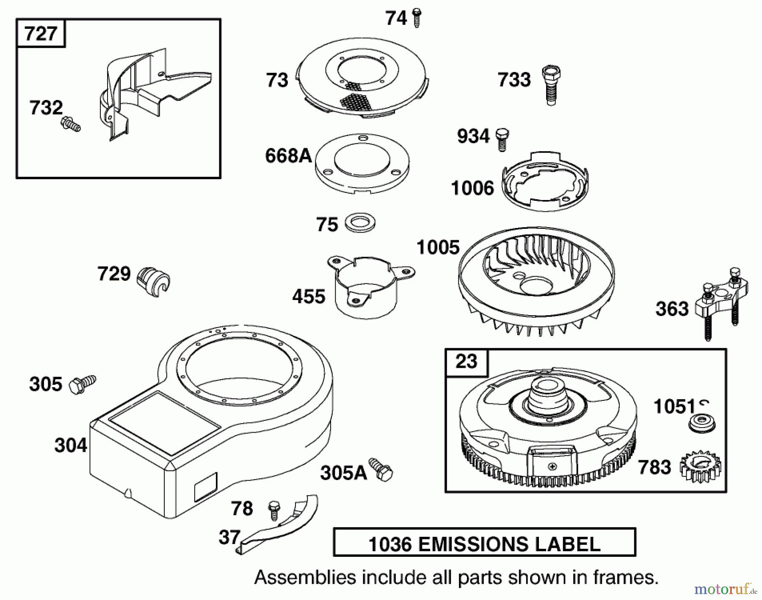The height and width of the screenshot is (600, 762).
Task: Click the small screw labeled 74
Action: (417, 18)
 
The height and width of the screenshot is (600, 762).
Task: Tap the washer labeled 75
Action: (360, 223)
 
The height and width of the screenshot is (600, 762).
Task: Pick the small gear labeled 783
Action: (699, 467)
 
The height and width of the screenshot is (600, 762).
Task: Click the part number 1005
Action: (438, 247)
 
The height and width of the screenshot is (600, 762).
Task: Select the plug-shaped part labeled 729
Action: (153, 281)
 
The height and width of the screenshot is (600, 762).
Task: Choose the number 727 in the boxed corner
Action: (41, 33)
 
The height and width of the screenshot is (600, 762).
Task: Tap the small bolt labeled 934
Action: (502, 139)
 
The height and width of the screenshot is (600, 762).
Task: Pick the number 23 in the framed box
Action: (466, 361)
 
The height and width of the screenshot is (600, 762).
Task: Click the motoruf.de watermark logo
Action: (724, 589)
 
